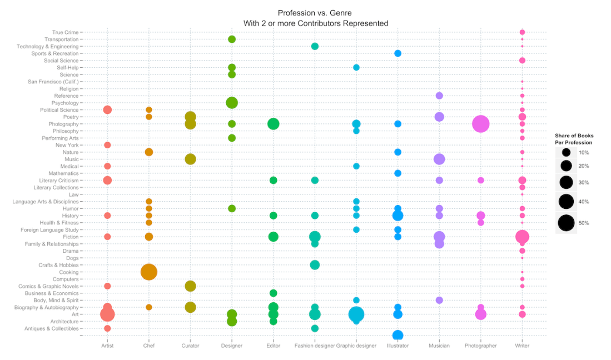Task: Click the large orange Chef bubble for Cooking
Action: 148,272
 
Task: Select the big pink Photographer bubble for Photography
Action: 480,124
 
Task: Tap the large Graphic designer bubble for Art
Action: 356,314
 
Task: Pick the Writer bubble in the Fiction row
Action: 522,237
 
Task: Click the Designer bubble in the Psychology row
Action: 232,103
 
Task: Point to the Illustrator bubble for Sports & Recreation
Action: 398,53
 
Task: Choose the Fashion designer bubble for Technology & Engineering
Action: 315,46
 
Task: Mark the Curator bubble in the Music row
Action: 190,159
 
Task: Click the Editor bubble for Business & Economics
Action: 273,293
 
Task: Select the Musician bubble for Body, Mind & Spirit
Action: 439,300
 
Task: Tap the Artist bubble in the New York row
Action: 107,145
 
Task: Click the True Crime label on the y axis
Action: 65,32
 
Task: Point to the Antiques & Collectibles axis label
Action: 52,328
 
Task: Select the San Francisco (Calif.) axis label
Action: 53,82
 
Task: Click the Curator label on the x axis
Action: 190,346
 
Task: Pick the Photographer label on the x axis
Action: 480,346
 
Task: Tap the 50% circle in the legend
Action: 567,223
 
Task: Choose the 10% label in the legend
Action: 584,152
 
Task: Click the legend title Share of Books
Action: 574,136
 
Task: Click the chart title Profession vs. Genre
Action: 315,13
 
